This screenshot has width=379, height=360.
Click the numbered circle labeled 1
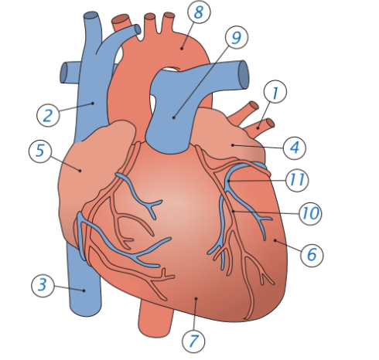(275, 92)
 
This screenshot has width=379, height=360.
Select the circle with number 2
(48, 115)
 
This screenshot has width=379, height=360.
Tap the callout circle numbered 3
(43, 286)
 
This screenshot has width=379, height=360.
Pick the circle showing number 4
(295, 148)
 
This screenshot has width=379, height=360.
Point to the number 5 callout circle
(40, 151)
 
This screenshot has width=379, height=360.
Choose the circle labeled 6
(312, 255)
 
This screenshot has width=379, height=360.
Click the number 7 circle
(193, 341)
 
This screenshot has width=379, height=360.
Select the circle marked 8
(199, 12)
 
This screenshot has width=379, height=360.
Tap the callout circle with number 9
(237, 37)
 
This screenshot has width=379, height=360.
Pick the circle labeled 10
(310, 213)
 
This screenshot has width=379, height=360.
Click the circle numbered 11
(297, 180)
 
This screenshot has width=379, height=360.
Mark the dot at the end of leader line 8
(182, 48)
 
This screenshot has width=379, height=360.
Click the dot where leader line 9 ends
(174, 117)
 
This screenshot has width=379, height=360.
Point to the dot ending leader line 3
(84, 290)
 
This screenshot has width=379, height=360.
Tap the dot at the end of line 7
(196, 299)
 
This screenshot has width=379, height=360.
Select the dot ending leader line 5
(80, 171)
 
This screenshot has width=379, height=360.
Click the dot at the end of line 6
(275, 240)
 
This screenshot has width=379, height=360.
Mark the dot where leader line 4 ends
(233, 145)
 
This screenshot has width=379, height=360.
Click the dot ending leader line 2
(93, 104)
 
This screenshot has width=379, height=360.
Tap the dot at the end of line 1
(258, 128)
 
